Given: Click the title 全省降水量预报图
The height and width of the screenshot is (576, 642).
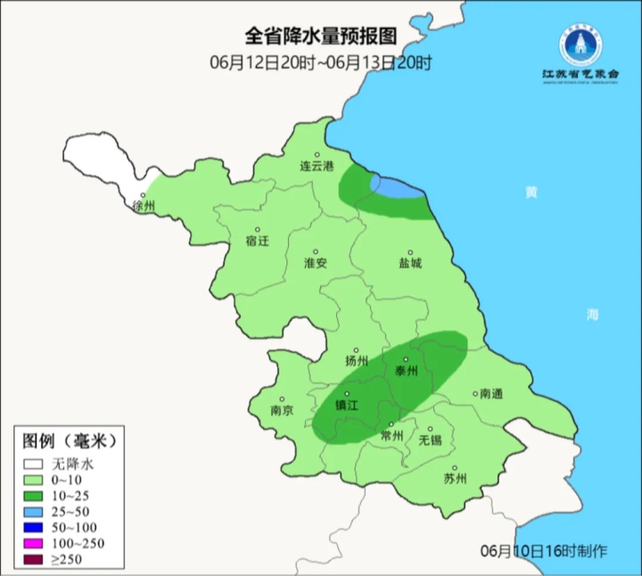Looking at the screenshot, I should click(x=320, y=37).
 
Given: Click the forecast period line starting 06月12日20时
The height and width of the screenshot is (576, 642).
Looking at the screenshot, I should click(x=320, y=62).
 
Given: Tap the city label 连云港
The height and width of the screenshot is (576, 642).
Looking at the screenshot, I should click(x=316, y=167).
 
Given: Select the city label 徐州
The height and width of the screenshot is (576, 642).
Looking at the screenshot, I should click(x=144, y=206).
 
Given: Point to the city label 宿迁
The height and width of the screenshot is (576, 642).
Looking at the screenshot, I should click(x=256, y=241).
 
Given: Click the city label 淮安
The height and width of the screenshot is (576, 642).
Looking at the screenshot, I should click(x=316, y=263).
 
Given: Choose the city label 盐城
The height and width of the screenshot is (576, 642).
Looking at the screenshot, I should click(x=410, y=263).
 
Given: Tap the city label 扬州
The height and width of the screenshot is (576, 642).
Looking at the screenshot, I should click(x=357, y=361).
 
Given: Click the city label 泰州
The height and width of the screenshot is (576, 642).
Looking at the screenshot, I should click(x=406, y=372).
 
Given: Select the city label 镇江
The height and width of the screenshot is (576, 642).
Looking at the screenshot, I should click(x=346, y=404).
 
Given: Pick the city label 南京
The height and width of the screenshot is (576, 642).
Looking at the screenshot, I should click(x=282, y=411).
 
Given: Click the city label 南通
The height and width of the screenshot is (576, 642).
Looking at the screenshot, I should click(x=491, y=393).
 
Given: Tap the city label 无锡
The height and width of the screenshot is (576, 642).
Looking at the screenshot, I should click(x=430, y=440).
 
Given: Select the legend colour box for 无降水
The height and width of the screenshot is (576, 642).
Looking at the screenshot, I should click(x=34, y=464).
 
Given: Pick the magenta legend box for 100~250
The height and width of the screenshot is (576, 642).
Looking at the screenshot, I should click(x=34, y=544).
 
